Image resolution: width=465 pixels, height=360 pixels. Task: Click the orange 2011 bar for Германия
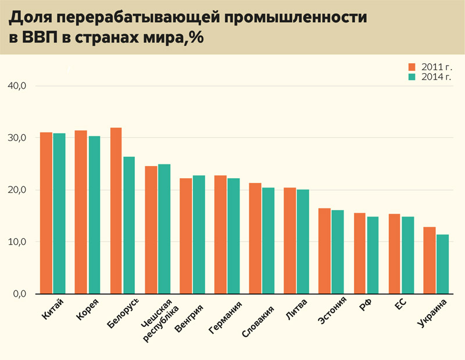pos(220,235)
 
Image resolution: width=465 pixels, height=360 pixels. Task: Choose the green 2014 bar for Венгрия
pos(198,235)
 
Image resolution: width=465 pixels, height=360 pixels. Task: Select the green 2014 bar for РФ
pos(373,255)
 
